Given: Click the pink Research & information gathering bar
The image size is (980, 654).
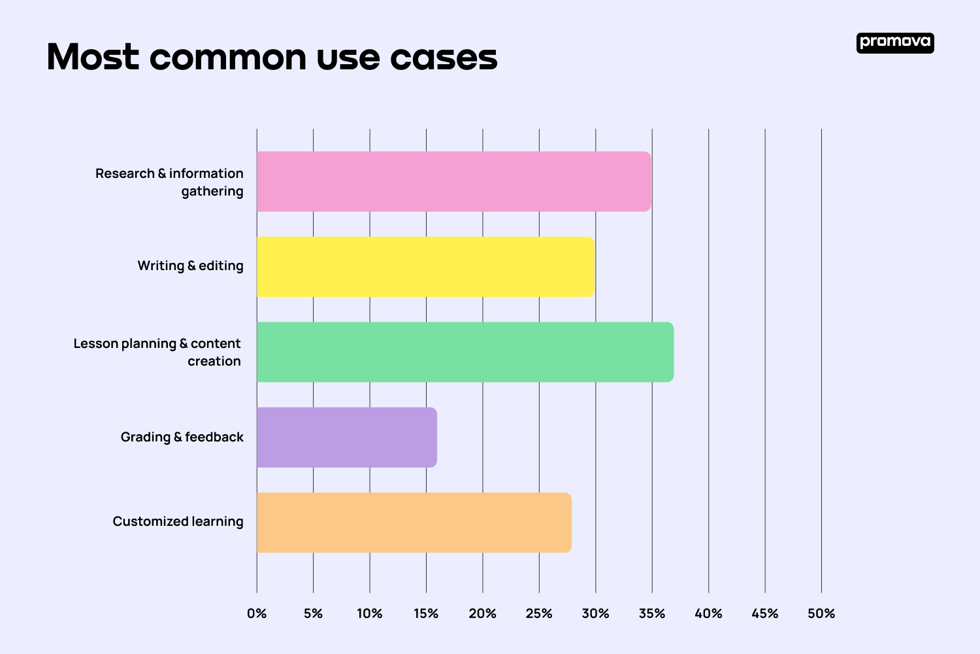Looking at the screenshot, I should coord(453,181).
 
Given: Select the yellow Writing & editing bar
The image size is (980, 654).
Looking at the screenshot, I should coord(425,267).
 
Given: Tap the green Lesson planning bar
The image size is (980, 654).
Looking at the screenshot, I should coord(465,352).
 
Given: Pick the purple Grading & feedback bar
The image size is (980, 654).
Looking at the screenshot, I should coord(346,437).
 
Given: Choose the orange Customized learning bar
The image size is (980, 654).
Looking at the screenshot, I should coord(414,523).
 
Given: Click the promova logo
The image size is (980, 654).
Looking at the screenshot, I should coord(895,43).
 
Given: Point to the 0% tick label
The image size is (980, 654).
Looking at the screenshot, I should coord(257,613).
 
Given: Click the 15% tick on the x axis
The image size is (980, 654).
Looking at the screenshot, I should coord(426,613).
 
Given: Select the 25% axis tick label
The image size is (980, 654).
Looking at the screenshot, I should coord(539,613).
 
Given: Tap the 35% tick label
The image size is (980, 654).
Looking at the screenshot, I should coord(652,613).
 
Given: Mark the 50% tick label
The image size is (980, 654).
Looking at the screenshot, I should coord(821,613).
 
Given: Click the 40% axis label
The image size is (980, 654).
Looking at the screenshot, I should coord(708,613).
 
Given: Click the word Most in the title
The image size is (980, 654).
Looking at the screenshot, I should coord(93,57).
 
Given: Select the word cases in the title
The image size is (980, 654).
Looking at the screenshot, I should coord(444,57).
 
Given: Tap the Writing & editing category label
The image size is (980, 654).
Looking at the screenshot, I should coord(190,266).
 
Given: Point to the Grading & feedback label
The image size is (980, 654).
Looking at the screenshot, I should coord(182,437).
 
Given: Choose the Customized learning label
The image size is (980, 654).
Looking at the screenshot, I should coord(178,521).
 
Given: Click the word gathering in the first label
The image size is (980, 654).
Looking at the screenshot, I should coord(212,191).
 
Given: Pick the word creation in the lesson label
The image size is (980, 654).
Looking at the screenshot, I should coord(214,361).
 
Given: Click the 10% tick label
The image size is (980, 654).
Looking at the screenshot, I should coord(370,613).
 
